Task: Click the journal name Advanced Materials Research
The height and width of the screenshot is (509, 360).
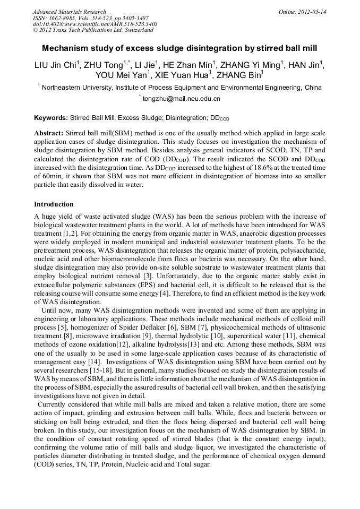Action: click(x=69, y=12)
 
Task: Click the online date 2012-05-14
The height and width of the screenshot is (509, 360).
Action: click(x=310, y=12)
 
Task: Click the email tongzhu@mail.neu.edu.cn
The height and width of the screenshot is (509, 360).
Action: click(x=181, y=99)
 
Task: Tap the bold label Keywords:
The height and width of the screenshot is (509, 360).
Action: click(x=51, y=117)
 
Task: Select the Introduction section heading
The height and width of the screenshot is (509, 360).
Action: click(x=54, y=204)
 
